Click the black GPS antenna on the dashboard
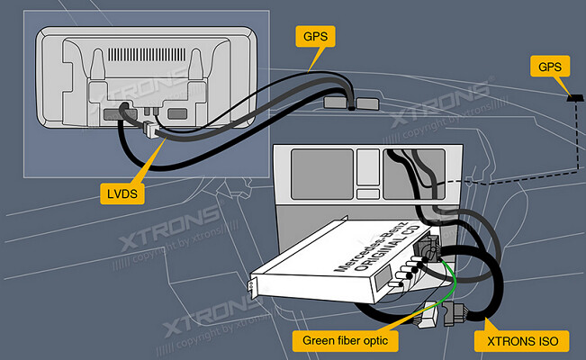572,95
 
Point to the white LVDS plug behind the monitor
149,130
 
